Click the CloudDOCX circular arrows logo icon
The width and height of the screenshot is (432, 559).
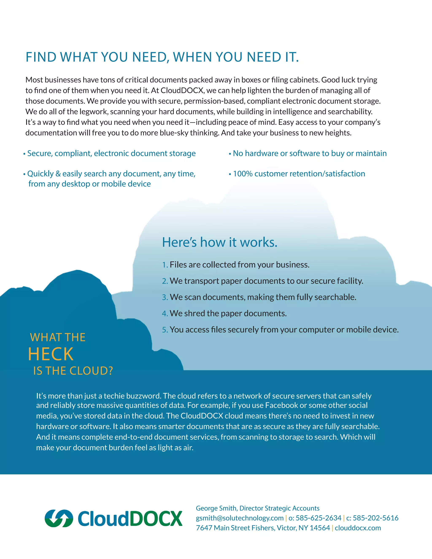pos(59,518)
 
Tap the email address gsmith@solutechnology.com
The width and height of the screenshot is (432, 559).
pos(240,518)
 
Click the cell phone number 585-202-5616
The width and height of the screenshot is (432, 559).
pos(375,518)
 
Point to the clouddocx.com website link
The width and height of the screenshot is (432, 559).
pos(358,528)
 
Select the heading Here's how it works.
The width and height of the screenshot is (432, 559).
pos(220,242)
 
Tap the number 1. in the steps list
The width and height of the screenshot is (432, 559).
pos(165,265)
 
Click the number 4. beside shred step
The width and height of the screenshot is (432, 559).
pos(165,313)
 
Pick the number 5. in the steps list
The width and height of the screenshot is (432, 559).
pos(165,330)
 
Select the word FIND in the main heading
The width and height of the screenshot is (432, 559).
pos(41,57)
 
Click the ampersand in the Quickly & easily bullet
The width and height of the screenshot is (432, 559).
pos(58,174)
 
